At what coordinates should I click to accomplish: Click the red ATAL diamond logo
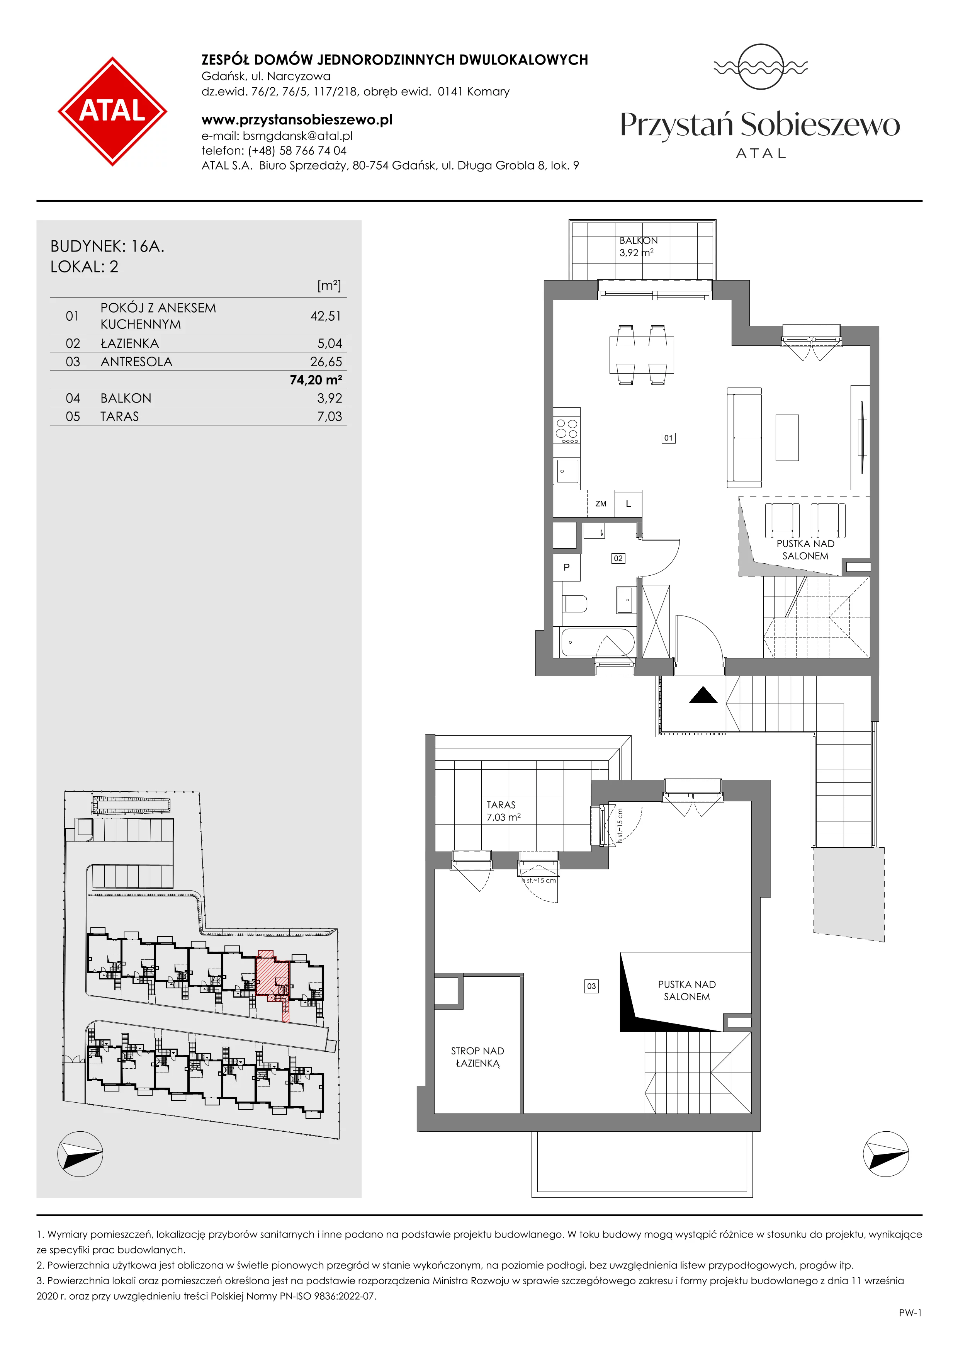click(112, 111)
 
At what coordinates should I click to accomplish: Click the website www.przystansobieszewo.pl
click(297, 120)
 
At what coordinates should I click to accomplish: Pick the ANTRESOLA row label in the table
click(136, 362)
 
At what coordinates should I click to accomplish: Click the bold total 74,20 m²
click(316, 380)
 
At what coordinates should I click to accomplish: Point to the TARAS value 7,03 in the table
click(329, 417)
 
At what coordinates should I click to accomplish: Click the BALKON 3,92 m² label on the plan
click(638, 247)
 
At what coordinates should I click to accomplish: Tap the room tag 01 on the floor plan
click(668, 438)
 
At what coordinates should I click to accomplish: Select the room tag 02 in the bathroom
click(618, 558)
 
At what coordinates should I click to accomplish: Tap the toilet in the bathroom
click(574, 604)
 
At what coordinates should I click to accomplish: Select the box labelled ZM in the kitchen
click(601, 504)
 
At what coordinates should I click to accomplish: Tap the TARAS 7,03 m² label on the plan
click(503, 811)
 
